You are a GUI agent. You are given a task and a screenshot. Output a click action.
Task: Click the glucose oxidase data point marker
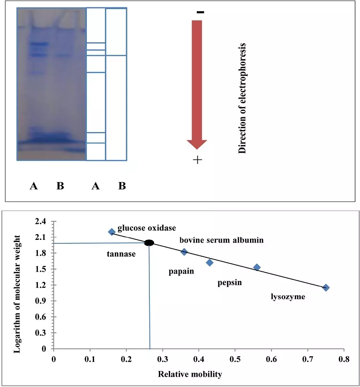point(112,232)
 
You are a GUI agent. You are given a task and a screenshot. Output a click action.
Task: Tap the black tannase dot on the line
point(149,243)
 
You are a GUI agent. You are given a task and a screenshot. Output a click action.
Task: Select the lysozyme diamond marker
point(326,288)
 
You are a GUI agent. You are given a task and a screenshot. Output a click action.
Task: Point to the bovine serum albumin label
point(221,240)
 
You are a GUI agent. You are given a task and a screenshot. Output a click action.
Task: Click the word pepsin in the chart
point(229,283)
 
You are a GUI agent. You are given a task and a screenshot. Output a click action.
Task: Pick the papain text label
point(181,271)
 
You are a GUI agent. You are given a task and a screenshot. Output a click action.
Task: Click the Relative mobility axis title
point(189,374)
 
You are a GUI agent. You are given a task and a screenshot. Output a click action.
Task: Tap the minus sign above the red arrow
point(200,12)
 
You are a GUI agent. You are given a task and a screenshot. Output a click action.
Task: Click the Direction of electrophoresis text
point(242,98)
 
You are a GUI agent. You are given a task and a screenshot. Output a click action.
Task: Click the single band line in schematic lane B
point(116,56)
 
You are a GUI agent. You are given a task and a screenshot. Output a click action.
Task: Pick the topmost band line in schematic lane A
point(96,43)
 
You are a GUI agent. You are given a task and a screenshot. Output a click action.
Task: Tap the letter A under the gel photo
point(34,186)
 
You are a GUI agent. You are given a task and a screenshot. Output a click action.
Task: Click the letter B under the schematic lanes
point(122,186)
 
